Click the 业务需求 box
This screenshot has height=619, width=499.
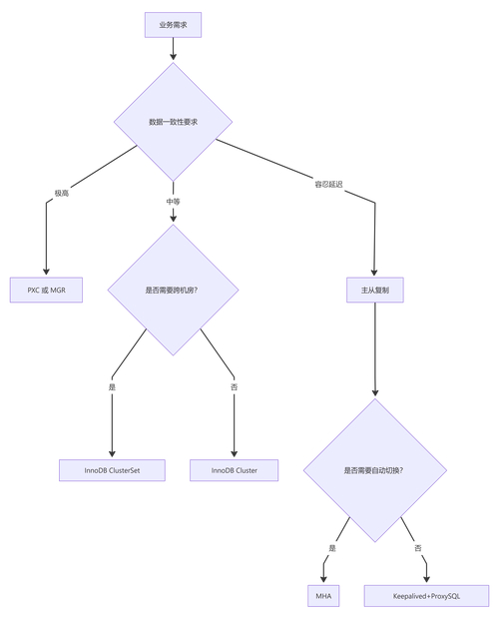[x=173, y=22]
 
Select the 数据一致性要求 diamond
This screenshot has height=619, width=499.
[x=173, y=122]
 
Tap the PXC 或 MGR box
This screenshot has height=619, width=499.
[x=46, y=291]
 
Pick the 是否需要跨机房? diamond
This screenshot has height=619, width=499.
[x=173, y=291]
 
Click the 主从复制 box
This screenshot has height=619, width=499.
[x=375, y=291]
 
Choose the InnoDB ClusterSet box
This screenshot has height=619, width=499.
[x=112, y=470]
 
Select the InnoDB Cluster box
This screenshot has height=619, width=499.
[x=235, y=470]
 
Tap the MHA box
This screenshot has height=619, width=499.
[x=323, y=596]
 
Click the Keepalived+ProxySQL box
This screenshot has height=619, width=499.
[x=426, y=596]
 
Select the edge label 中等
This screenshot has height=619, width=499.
[x=173, y=202]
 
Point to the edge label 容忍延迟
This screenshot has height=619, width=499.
[x=329, y=185]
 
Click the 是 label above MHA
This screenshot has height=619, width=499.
[x=332, y=548]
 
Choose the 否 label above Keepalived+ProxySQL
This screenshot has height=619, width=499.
[x=418, y=548]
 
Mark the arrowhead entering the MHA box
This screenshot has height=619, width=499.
[x=323, y=579]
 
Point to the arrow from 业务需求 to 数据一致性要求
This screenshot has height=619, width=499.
[x=173, y=47]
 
